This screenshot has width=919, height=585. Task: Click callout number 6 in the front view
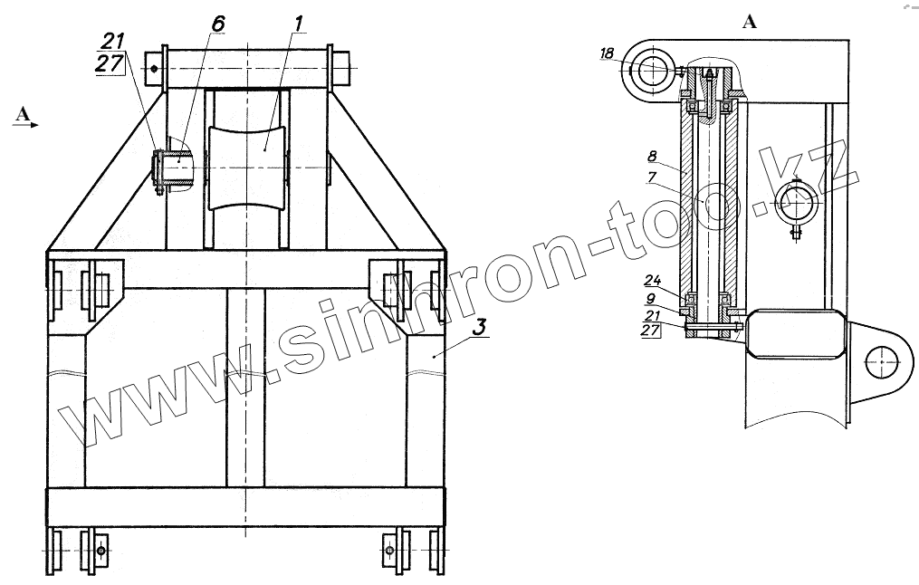218,24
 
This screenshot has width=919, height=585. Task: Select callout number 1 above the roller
299,24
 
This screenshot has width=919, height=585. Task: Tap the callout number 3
480,327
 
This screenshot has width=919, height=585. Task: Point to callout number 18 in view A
607,53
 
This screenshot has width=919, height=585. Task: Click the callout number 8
652,156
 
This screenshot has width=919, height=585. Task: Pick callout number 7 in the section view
652,177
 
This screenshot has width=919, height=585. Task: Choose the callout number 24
653,279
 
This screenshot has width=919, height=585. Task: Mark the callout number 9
651,298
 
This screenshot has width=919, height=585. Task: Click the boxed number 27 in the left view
110,63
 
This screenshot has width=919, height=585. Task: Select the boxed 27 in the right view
650,331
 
